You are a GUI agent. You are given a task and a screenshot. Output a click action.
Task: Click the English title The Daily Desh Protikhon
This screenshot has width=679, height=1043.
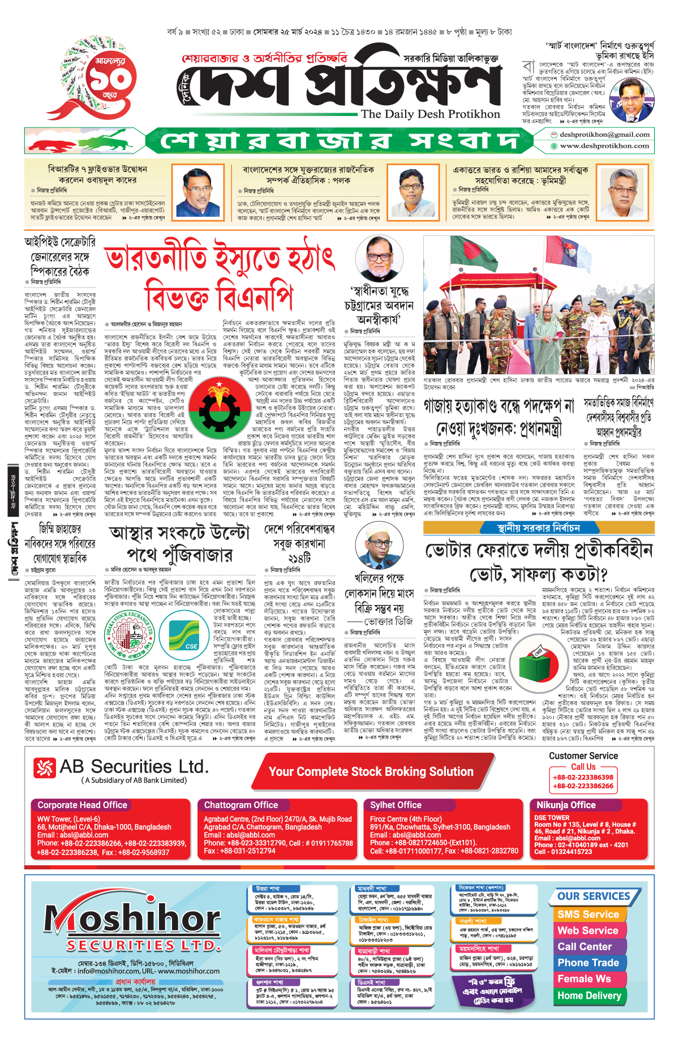click(430, 114)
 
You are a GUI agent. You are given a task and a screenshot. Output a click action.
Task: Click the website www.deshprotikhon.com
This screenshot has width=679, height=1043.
click(604, 145)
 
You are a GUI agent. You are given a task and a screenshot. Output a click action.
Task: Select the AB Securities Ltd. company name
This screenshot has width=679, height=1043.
click(134, 767)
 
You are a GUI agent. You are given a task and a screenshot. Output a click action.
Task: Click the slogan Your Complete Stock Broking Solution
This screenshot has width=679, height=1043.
click(371, 771)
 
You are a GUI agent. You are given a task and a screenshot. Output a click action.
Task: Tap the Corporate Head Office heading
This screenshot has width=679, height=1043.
click(83, 805)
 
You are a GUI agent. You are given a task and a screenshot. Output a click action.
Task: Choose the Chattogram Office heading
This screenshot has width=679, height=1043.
click(241, 805)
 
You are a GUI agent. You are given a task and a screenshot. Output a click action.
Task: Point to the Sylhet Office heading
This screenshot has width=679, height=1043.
click(396, 805)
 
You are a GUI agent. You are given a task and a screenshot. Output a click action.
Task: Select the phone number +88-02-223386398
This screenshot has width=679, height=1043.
click(583, 777)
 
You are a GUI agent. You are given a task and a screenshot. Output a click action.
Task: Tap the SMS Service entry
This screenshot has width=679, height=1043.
click(588, 914)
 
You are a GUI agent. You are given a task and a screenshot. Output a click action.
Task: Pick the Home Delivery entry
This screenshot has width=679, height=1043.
click(589, 995)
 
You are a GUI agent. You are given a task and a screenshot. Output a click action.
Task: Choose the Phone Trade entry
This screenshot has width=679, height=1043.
click(588, 963)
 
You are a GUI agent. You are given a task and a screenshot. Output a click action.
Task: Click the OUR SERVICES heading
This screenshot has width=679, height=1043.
click(594, 896)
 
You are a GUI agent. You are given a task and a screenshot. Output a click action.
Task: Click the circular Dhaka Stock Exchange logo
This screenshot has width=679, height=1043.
click(130, 636)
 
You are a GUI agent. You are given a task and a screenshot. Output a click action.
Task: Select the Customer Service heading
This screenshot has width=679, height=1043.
click(583, 756)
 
